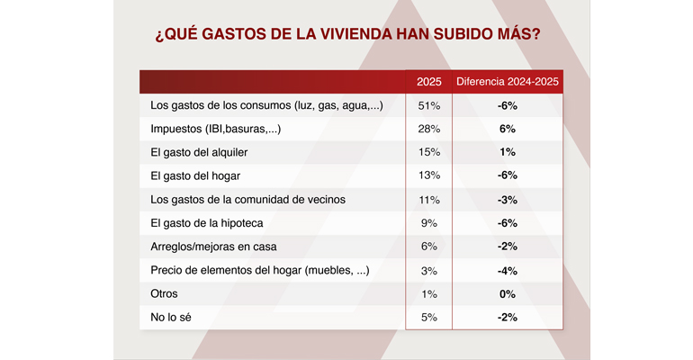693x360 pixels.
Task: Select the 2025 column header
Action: point(429,82)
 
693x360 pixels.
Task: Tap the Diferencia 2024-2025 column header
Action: point(508,82)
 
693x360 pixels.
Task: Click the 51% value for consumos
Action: point(429,106)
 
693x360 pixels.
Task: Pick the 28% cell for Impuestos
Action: point(429,130)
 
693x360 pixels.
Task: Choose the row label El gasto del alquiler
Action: point(198,153)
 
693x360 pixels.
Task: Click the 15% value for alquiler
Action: point(429,153)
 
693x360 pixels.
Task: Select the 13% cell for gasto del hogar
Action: point(429,176)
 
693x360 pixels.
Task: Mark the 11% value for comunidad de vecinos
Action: point(429,200)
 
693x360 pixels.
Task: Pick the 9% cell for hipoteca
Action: point(429,223)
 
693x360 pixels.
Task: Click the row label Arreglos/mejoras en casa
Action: point(213,247)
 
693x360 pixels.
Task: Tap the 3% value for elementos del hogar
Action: point(429,270)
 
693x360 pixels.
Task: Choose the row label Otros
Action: point(165,293)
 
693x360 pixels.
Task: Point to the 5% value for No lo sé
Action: point(429,317)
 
